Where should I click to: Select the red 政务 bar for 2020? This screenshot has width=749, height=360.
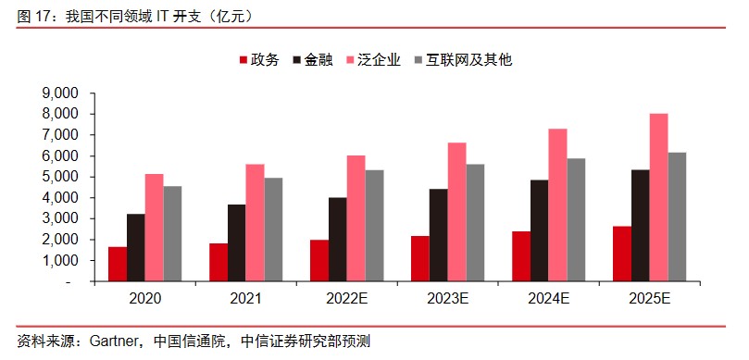tap(117, 264)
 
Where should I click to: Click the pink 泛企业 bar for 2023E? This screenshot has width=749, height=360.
tap(457, 212)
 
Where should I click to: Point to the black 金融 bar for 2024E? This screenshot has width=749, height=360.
tap(539, 230)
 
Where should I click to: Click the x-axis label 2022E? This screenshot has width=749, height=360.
tap(347, 299)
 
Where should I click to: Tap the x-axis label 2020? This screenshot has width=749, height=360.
tap(145, 299)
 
